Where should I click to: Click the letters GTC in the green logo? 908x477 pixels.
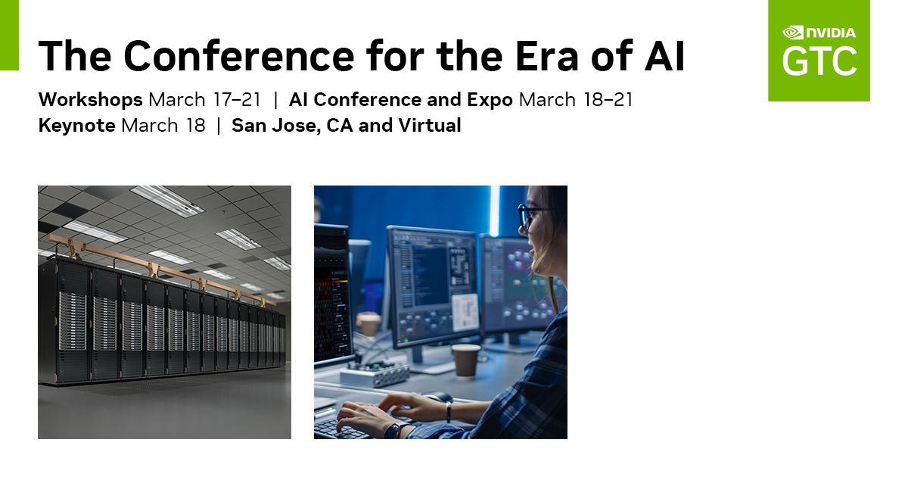click(x=819, y=61)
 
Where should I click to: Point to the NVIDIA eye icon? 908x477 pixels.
click(x=792, y=33)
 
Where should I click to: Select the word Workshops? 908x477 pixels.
click(x=90, y=100)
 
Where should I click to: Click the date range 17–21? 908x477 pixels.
click(x=237, y=100)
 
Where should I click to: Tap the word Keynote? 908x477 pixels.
click(x=77, y=126)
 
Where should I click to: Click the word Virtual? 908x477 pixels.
click(x=430, y=125)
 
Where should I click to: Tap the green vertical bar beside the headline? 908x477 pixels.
click(x=9, y=35)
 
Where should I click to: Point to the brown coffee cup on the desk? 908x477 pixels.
click(x=466, y=360)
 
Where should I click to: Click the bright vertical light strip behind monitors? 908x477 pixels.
click(x=495, y=211)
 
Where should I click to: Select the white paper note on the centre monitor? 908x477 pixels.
click(x=465, y=312)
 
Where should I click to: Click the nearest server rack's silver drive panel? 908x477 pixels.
click(x=73, y=320)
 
